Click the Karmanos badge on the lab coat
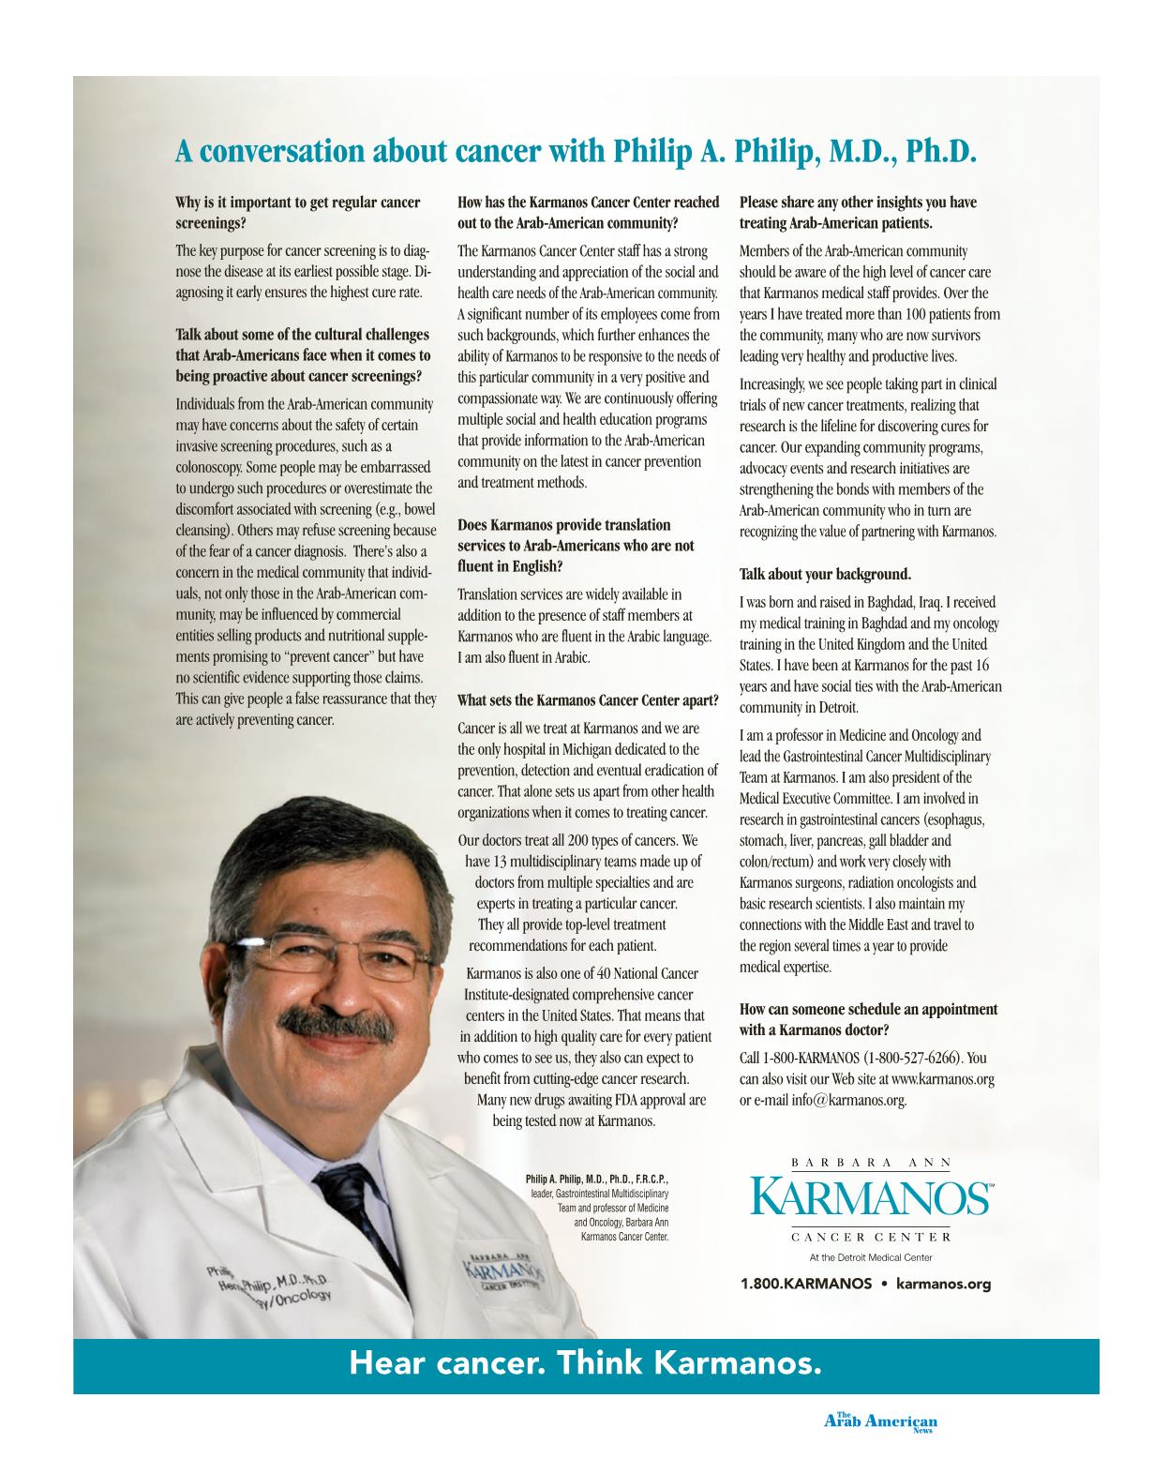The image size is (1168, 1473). (503, 1272)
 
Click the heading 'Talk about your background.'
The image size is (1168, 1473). (825, 574)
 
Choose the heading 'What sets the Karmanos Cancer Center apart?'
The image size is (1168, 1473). (588, 700)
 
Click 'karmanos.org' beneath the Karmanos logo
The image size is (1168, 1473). (943, 1284)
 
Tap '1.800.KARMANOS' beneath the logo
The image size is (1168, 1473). (806, 1284)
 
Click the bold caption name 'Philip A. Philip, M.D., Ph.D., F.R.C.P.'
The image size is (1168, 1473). (597, 1179)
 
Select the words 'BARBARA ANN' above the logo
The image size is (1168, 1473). (871, 1163)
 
